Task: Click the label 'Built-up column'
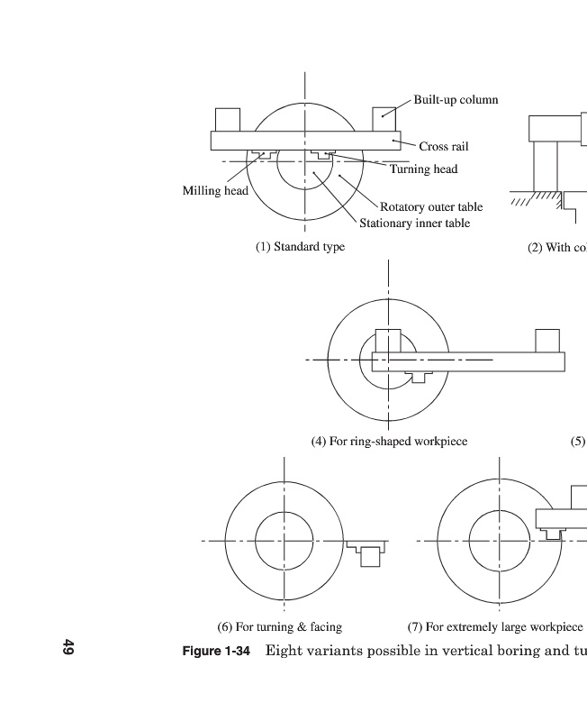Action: (x=456, y=100)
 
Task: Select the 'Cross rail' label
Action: (x=443, y=146)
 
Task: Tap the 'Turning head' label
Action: (x=423, y=169)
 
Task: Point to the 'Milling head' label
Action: (x=215, y=190)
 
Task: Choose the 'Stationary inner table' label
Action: (x=414, y=223)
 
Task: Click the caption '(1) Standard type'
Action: (x=300, y=246)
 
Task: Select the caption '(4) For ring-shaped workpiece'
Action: (x=389, y=442)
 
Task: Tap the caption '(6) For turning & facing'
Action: (x=280, y=626)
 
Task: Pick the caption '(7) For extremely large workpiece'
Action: (x=495, y=626)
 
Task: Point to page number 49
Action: (x=68, y=647)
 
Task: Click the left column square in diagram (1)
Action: (x=228, y=120)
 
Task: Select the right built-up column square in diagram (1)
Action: (x=384, y=120)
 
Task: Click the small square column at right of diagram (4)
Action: (x=547, y=341)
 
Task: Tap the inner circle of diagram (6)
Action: (x=284, y=541)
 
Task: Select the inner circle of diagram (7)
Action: (x=495, y=541)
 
